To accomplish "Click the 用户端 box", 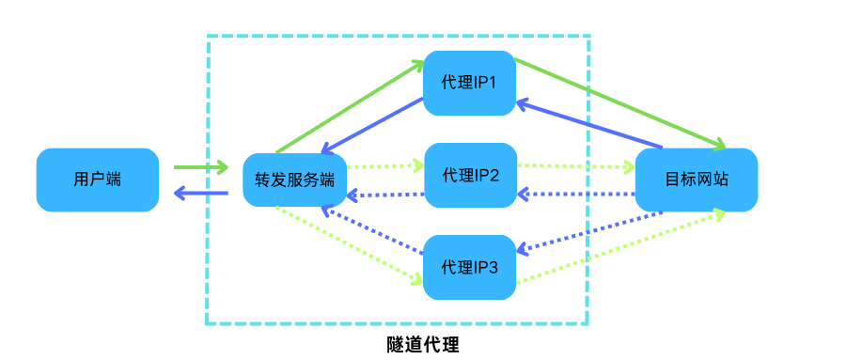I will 97,180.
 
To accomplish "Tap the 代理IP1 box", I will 469,83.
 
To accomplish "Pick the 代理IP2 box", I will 470,175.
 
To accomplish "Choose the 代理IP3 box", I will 469,267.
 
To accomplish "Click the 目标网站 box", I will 697,180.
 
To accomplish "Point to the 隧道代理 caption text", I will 423,344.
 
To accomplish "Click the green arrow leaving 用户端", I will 200,168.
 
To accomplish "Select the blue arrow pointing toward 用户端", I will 201,195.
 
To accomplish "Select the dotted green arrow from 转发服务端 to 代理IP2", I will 385,166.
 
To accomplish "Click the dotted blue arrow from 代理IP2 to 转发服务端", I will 385,196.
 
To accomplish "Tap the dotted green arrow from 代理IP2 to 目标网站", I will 575,167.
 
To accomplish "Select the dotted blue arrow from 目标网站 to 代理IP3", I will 590,231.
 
